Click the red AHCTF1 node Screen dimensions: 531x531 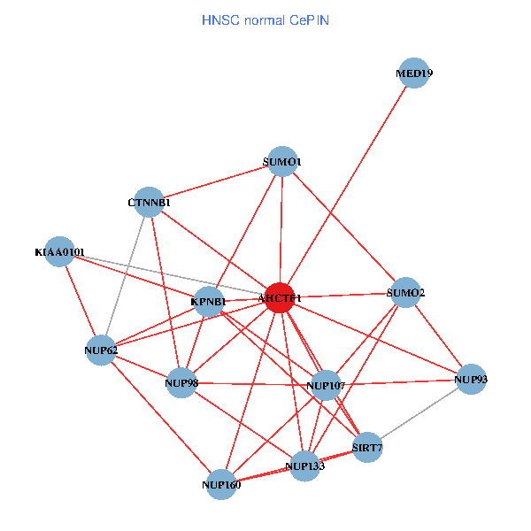280,297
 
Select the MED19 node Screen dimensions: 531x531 414,73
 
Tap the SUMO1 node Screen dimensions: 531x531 282,162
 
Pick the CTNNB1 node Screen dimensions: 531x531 149,203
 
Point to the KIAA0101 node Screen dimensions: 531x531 59,252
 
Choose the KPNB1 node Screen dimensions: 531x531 209,302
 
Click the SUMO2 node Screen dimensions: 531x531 405,292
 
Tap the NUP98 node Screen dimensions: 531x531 181,382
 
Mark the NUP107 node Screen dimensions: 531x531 326,385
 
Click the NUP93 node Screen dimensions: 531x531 471,380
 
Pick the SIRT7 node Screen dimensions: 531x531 367,447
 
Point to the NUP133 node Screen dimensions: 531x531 305,466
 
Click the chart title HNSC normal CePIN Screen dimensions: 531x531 265,19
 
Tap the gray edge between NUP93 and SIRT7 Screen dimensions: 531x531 419,413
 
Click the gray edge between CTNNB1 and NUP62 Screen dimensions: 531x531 125,276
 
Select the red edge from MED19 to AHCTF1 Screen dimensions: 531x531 347,185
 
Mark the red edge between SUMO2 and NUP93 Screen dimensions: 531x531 438,336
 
